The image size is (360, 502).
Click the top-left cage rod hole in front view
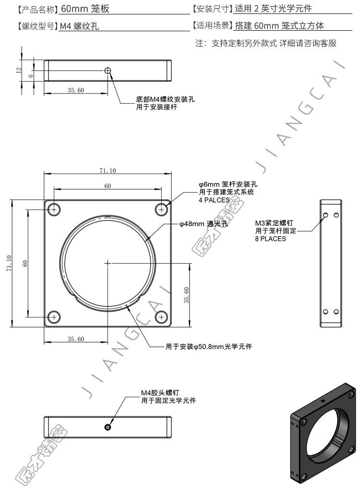[x=54, y=210]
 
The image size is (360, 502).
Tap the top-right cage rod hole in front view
[x=162, y=210]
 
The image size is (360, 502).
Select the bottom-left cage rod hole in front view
[x=54, y=317]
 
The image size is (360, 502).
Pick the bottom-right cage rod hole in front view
[x=162, y=317]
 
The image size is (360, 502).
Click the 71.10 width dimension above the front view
[x=108, y=171]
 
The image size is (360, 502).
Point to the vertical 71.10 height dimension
[x=9, y=263]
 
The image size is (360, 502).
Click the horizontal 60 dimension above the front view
[x=108, y=186]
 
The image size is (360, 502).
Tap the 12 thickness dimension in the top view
[x=19, y=70]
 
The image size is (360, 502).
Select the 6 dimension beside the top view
[x=31, y=76]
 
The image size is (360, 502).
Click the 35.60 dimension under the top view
[x=76, y=90]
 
